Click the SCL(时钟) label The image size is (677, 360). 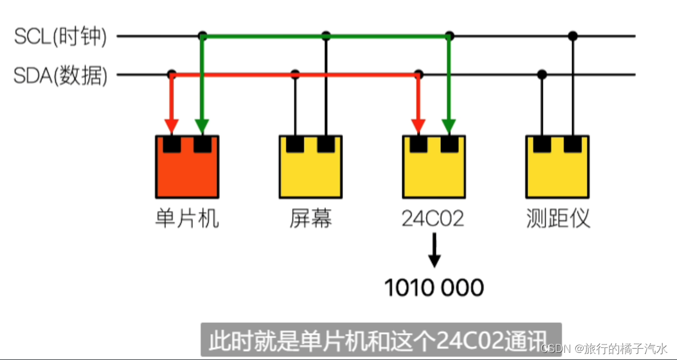point(61,37)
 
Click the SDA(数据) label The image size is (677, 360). point(61,76)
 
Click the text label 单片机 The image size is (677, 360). point(187,219)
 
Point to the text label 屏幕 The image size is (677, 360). point(310,219)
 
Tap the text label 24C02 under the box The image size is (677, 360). point(433,219)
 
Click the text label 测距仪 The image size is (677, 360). point(557,219)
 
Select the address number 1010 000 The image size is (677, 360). point(434,288)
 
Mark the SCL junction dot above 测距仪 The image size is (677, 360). point(573,36)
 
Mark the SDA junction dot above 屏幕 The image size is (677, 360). point(295,75)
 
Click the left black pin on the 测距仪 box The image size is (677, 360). point(542,144)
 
